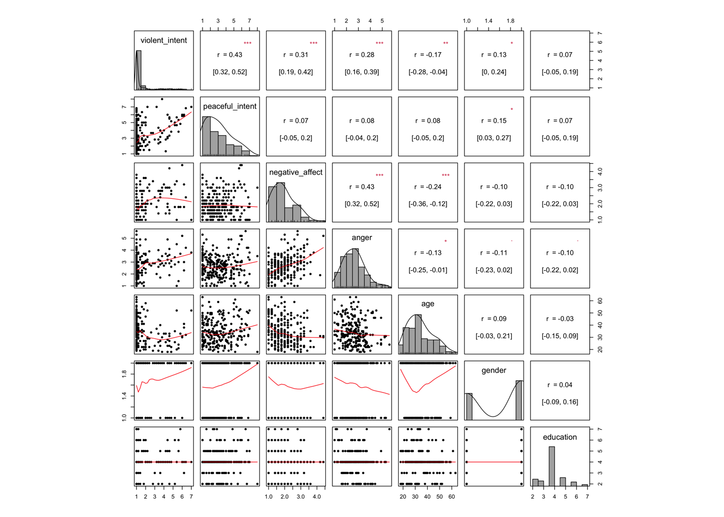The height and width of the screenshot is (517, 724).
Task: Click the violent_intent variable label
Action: (x=164, y=40)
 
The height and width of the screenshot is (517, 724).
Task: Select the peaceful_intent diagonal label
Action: (x=229, y=107)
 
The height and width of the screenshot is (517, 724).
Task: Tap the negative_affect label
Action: (x=296, y=172)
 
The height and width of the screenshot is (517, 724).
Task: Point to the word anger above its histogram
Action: (x=361, y=237)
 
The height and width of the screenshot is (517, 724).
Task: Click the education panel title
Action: (x=560, y=437)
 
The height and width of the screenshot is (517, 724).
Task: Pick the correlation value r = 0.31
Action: (x=296, y=55)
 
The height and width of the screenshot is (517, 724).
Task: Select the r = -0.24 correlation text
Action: (x=428, y=187)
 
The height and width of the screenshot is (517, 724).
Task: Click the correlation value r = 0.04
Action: (x=560, y=385)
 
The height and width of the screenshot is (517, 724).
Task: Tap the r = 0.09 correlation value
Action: (x=494, y=319)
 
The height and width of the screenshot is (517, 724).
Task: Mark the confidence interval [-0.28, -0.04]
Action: (x=428, y=72)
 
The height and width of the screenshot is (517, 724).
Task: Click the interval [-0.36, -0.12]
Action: (x=428, y=204)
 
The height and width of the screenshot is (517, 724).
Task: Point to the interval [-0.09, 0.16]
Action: (x=560, y=402)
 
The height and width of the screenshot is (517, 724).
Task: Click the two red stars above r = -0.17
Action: (x=445, y=43)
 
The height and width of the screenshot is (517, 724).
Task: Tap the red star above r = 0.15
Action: (x=512, y=109)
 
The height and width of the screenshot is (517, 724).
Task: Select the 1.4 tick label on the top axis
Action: (x=488, y=21)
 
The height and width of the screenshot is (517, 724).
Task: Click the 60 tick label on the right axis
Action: (x=600, y=302)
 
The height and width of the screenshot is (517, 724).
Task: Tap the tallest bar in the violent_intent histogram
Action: (x=138, y=70)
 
